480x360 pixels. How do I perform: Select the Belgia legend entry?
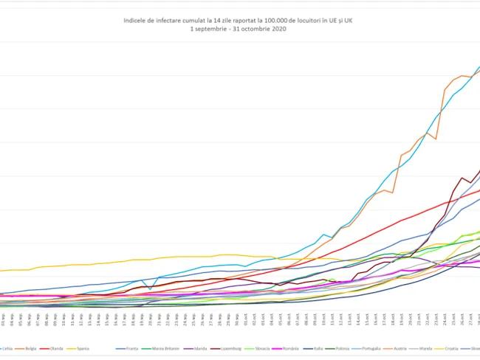(31, 347)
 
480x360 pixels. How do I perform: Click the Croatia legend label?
(452, 347)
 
